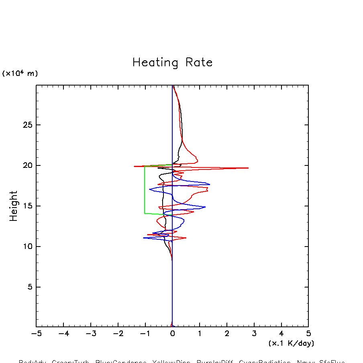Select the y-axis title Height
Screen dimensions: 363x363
click(x=14, y=206)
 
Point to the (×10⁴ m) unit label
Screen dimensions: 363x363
click(x=20, y=73)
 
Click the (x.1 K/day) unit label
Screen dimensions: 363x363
click(x=291, y=343)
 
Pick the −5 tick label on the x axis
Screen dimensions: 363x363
click(x=36, y=333)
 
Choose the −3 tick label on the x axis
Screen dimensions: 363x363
click(x=91, y=333)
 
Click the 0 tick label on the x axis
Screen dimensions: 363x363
click(x=172, y=333)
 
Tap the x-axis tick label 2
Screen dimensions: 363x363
click(x=227, y=333)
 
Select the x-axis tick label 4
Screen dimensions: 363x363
click(x=281, y=333)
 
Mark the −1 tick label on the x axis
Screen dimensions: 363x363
click(x=145, y=333)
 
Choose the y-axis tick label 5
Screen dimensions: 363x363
click(x=29, y=287)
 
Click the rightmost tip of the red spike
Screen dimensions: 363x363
click(x=248, y=168)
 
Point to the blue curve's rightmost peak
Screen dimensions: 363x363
click(x=210, y=184)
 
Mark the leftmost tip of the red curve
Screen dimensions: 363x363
click(x=134, y=166)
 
